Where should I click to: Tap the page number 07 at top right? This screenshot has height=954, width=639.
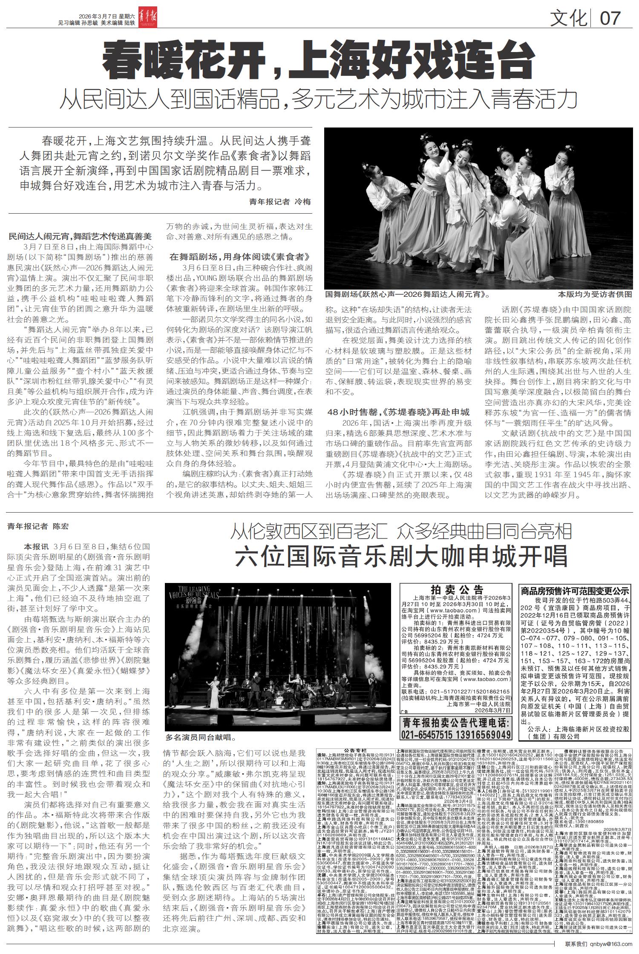(x=610, y=18)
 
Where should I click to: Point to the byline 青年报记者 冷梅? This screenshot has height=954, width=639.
(x=280, y=202)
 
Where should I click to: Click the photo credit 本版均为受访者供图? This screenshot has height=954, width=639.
(x=595, y=294)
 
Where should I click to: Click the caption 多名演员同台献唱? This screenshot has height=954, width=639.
(x=200, y=736)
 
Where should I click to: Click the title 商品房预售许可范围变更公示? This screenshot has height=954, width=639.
(x=575, y=591)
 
